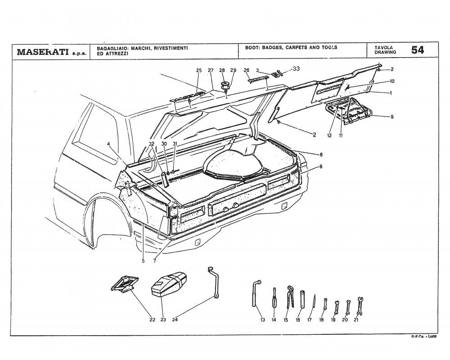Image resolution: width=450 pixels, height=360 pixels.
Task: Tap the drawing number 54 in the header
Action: tap(417, 50)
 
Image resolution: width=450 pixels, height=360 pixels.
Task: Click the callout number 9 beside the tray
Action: tap(392, 117)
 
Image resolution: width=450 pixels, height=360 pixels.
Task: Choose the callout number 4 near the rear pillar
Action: tap(108, 144)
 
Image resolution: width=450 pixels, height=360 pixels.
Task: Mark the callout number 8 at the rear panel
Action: tap(321, 166)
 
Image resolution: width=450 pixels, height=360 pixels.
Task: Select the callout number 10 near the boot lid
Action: tap(392, 81)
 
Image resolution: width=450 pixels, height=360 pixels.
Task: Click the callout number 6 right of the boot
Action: tap(321, 154)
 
